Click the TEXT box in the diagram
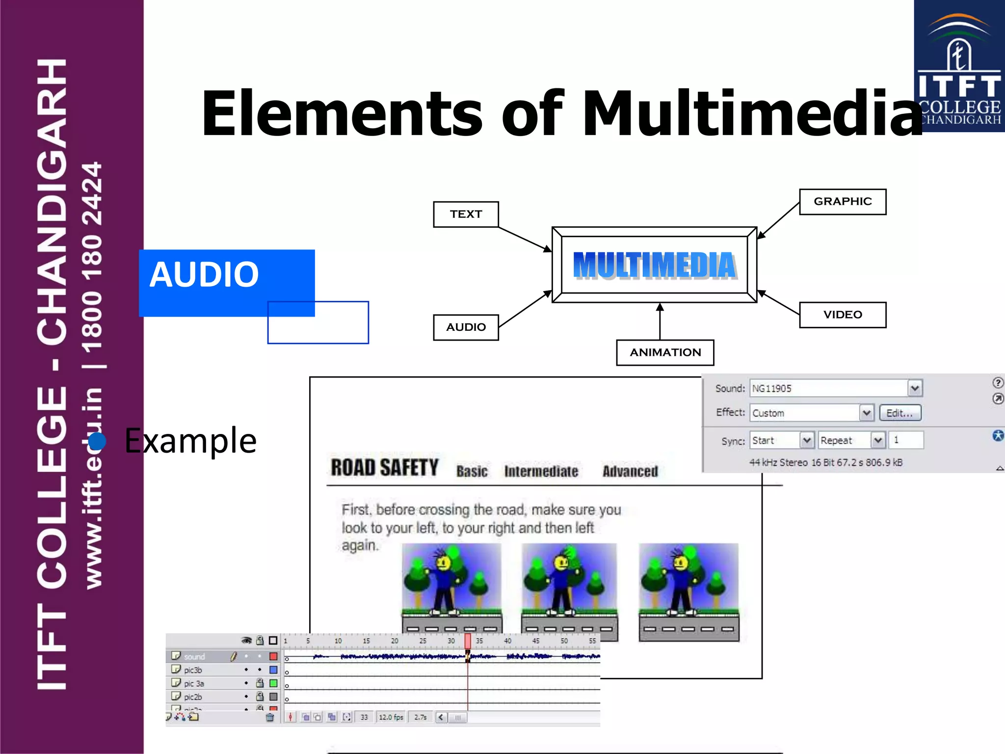466,214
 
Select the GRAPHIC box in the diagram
842,201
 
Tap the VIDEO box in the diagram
842,315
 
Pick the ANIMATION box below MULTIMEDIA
665,352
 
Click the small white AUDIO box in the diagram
466,327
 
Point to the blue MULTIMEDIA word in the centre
654,266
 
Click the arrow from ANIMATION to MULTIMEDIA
660,322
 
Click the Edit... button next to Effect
899,413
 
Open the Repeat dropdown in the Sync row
877,440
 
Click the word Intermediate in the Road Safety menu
541,471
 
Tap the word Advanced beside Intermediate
630,471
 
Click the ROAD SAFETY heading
384,468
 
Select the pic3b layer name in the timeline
193,670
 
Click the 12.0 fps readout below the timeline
391,717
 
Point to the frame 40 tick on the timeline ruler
507,641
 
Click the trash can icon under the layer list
270,717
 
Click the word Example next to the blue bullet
190,441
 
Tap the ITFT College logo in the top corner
959,66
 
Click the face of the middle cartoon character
561,563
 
